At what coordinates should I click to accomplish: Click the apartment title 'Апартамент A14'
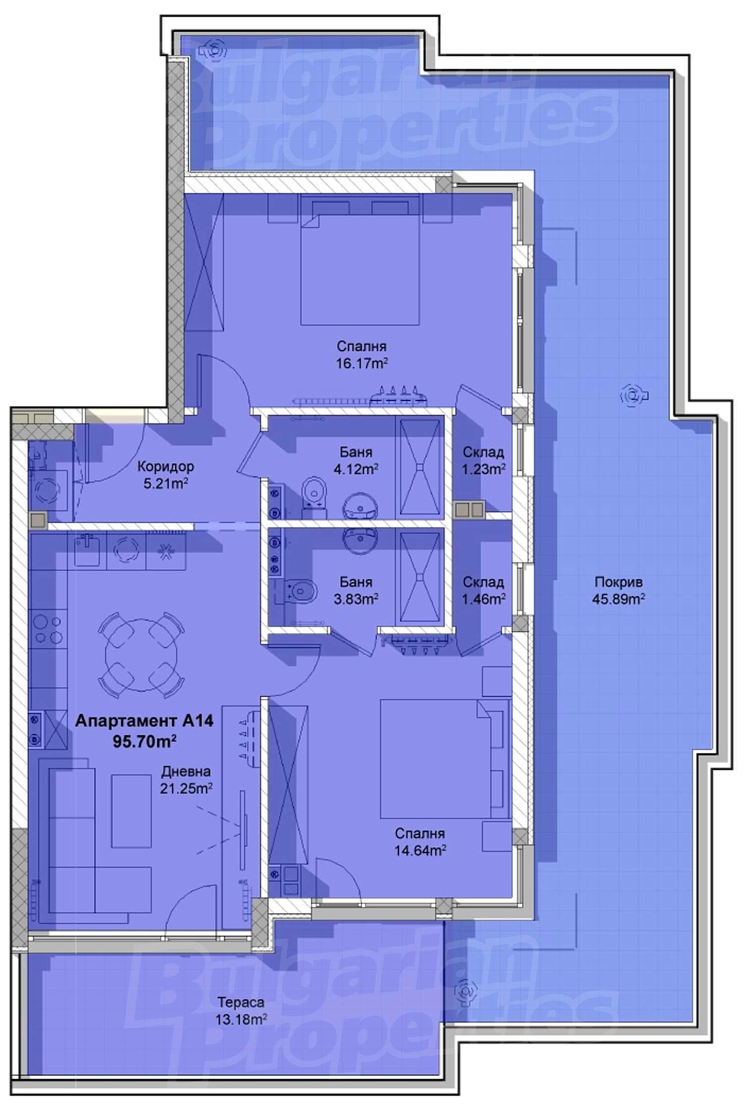[x=144, y=721]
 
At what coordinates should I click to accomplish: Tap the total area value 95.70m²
[x=145, y=741]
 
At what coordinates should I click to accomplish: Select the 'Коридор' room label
[x=165, y=466]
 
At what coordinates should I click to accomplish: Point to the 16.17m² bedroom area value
[x=362, y=363]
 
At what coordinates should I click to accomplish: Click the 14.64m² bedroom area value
[x=420, y=851]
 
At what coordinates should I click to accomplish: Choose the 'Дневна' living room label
[x=186, y=772]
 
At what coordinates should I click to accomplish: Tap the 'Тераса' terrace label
[x=241, y=1003]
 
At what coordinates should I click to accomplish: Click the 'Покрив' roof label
[x=618, y=582]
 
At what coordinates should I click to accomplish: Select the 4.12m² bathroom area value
[x=356, y=468]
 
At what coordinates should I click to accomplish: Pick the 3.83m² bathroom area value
[x=356, y=599]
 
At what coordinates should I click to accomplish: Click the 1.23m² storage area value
[x=483, y=468]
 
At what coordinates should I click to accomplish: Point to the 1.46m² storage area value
[x=483, y=599]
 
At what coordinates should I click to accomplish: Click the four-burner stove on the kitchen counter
[x=49, y=629]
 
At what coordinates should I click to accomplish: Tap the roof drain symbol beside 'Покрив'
[x=633, y=396]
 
